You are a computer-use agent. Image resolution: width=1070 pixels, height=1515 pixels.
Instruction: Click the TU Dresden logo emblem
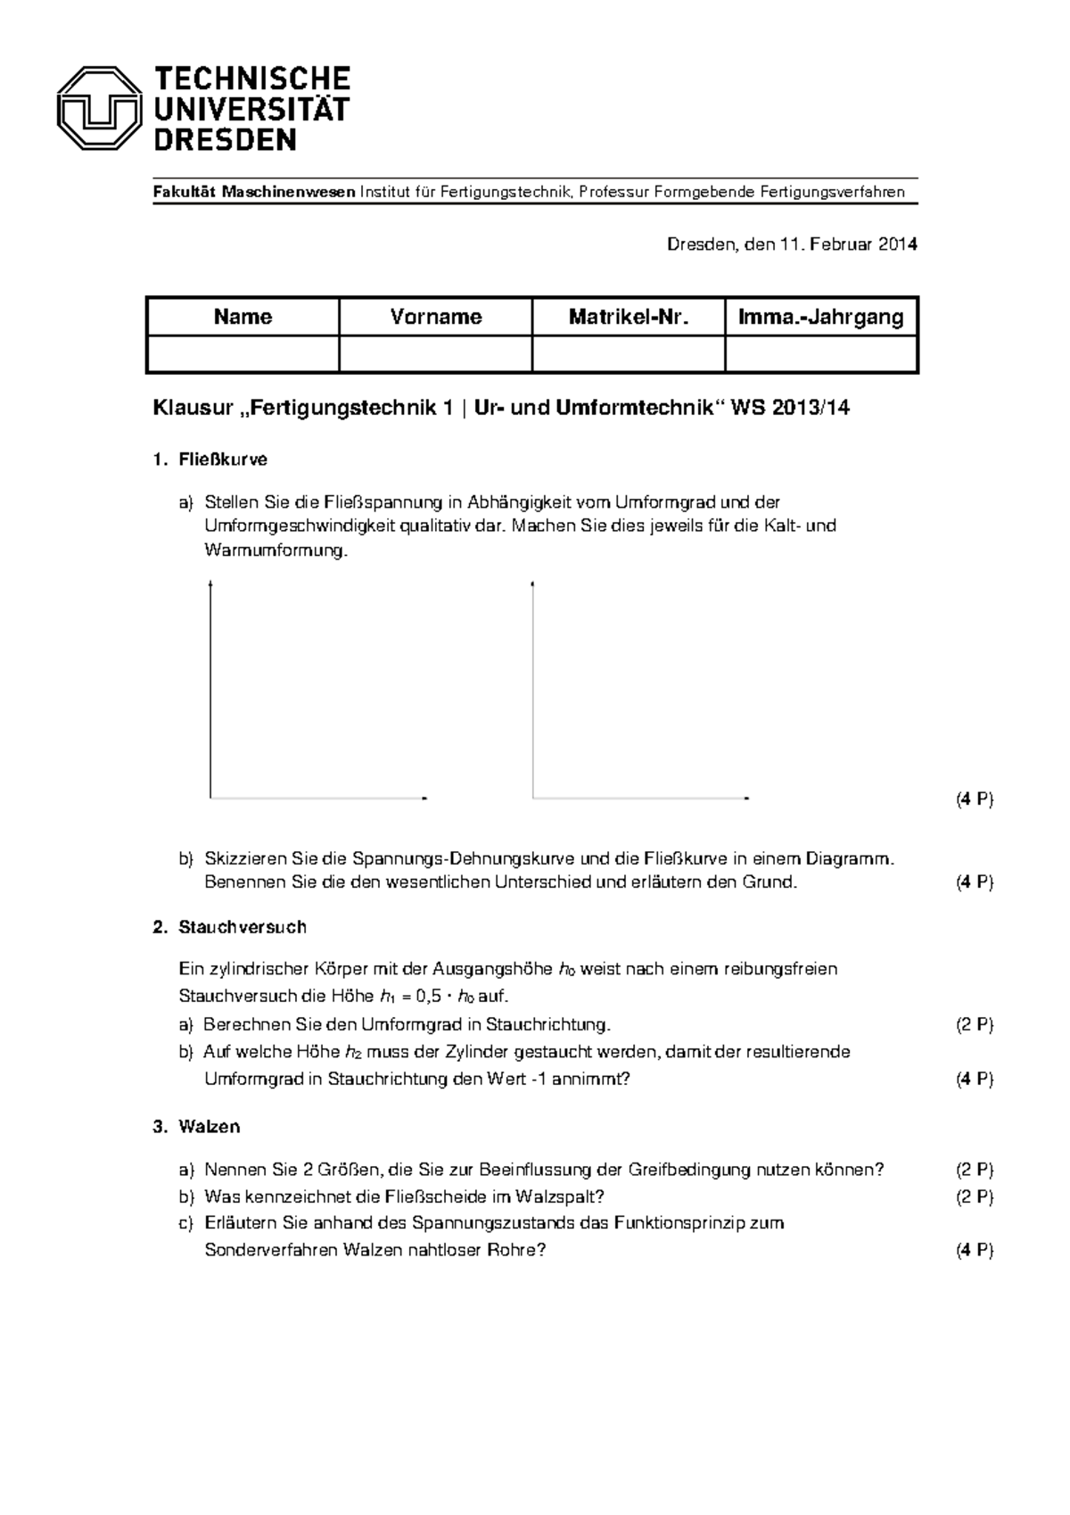pyautogui.click(x=99, y=108)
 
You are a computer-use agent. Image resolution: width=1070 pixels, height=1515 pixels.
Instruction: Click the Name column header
pyautogui.click(x=243, y=317)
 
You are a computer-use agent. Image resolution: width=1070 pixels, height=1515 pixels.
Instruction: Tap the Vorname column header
pyautogui.click(x=436, y=317)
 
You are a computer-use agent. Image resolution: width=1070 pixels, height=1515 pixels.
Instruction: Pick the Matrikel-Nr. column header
pyautogui.click(x=629, y=317)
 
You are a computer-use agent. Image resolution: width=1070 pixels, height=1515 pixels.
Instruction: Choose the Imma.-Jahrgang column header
pyautogui.click(x=821, y=317)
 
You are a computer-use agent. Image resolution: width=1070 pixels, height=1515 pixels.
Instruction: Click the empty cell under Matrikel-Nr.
pyautogui.click(x=629, y=354)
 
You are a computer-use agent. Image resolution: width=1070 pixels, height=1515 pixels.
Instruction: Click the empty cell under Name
pyautogui.click(x=243, y=354)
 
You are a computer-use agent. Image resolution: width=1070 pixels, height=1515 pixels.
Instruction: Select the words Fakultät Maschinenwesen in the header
pyautogui.click(x=254, y=193)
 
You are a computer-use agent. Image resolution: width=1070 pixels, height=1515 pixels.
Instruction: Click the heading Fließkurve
pyautogui.click(x=223, y=459)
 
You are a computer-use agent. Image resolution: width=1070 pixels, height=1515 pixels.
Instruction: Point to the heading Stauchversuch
pyautogui.click(x=242, y=927)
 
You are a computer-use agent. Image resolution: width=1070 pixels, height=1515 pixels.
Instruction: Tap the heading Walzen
pyautogui.click(x=210, y=1127)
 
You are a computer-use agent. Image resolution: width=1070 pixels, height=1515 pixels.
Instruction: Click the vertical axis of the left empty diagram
pyautogui.click(x=210, y=687)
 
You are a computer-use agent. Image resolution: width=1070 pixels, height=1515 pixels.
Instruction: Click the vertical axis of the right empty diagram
pyautogui.click(x=533, y=687)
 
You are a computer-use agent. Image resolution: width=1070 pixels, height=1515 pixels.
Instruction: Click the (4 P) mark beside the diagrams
pyautogui.click(x=974, y=799)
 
